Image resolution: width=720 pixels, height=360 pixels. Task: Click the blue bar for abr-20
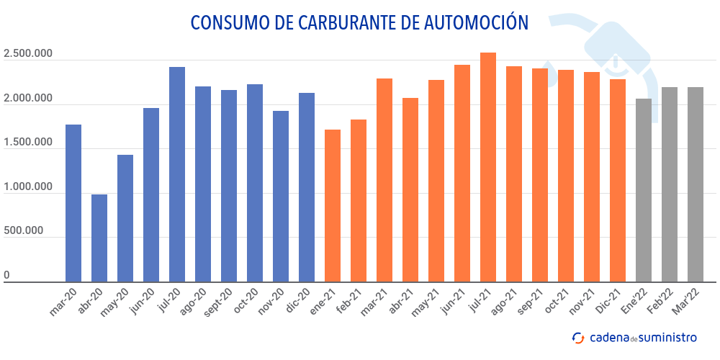(x=99, y=238)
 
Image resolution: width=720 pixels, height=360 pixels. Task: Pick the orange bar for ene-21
(x=333, y=206)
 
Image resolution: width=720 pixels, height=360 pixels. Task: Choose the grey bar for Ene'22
(x=644, y=190)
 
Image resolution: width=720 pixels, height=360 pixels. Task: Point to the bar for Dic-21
(x=618, y=181)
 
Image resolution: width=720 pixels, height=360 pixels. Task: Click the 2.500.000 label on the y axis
(x=29, y=54)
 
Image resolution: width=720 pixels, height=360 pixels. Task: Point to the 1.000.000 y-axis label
(x=29, y=187)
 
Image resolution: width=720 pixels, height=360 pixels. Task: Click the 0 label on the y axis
(x=6, y=275)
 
